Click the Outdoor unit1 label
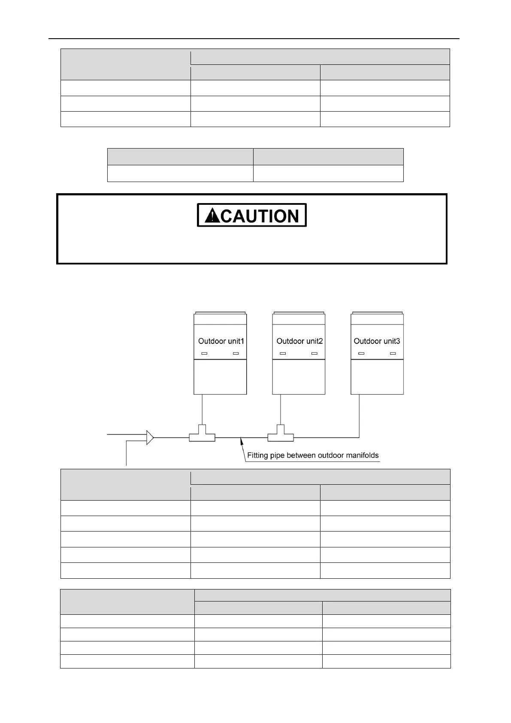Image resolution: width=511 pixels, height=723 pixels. [221, 341]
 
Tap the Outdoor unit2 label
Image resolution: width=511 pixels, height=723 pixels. [299, 341]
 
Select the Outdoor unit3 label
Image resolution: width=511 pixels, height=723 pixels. [377, 341]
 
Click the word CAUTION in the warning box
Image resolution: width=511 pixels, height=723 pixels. [260, 216]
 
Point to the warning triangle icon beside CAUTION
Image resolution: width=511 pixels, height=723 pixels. [212, 216]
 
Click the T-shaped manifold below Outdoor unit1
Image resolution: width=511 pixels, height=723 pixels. [202, 435]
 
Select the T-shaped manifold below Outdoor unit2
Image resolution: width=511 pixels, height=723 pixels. [281, 435]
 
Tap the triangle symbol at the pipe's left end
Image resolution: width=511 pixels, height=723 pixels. [150, 437]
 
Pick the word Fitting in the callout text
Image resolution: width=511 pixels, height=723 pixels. [257, 455]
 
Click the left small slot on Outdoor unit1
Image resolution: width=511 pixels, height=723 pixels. [204, 353]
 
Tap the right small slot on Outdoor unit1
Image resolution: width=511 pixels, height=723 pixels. [236, 353]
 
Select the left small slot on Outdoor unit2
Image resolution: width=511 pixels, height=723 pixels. [283, 353]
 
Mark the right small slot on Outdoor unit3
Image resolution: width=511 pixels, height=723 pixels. [393, 353]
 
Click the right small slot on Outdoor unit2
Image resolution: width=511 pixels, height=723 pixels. [314, 353]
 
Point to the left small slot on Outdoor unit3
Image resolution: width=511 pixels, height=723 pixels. [361, 353]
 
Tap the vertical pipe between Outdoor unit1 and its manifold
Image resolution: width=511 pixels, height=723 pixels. [202, 410]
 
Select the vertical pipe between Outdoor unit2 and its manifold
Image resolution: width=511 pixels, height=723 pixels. [281, 410]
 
